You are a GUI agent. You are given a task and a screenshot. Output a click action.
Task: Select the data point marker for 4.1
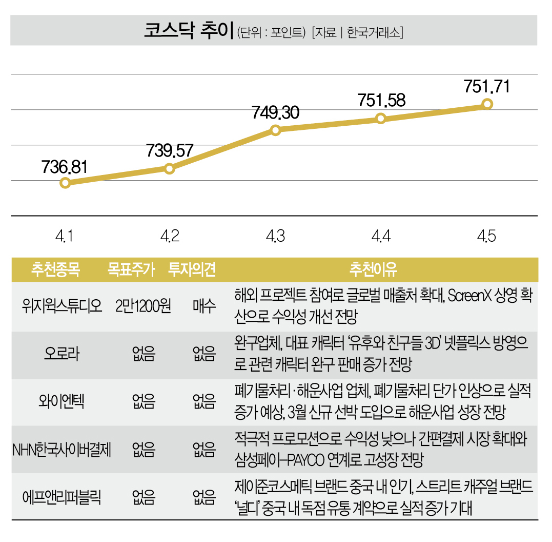click(x=65, y=183)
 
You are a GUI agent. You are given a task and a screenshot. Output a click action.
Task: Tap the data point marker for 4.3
click(x=275, y=130)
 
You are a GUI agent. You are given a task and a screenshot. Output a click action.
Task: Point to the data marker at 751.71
click(x=487, y=104)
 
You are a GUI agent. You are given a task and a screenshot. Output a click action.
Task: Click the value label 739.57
click(x=170, y=150)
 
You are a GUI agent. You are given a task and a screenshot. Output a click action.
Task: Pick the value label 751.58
click(x=381, y=101)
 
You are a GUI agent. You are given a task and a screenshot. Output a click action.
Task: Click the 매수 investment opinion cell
click(x=204, y=306)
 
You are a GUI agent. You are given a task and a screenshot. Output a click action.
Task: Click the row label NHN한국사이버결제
click(x=62, y=450)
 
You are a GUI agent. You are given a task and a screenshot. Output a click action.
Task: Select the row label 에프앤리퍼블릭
click(x=62, y=497)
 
